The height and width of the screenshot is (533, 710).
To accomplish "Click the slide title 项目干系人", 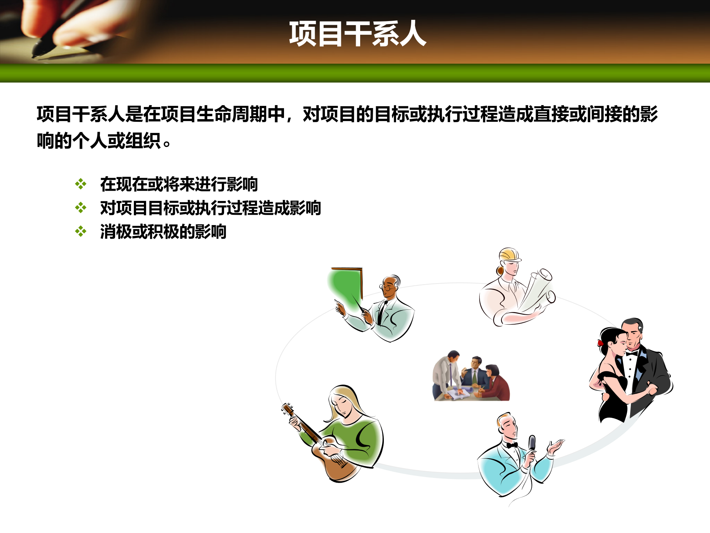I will point(357,34).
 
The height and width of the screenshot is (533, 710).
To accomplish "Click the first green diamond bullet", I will point(81,184).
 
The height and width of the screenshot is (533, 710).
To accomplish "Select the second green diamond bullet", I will point(81,208).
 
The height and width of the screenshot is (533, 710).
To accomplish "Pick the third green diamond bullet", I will point(81,232).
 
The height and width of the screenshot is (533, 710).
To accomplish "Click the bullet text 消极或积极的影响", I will point(163,232).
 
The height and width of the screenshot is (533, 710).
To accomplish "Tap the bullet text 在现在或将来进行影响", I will point(179,184).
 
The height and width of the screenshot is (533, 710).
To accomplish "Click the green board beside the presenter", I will point(344,285).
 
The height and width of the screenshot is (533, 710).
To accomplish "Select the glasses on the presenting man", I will point(387,288).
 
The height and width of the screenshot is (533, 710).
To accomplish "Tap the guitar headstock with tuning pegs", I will point(288,409).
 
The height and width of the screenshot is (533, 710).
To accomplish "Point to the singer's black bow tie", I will point(512,445).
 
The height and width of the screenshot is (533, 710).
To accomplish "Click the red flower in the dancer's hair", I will point(600,343).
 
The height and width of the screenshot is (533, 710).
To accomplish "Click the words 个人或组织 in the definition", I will point(116,141).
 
